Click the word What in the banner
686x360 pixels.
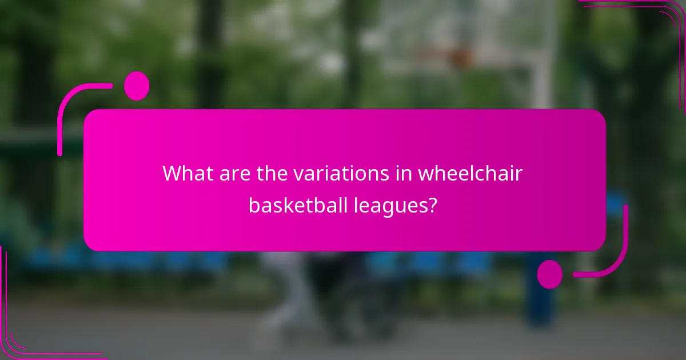coord(189,173)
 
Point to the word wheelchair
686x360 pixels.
coord(470,173)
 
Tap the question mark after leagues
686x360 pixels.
coord(433,205)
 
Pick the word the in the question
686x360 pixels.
coord(271,173)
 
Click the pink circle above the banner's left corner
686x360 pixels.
coord(137,86)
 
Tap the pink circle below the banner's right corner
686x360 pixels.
coord(550,274)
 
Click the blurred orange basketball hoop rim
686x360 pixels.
coord(452,56)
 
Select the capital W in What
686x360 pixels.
coord(173,173)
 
